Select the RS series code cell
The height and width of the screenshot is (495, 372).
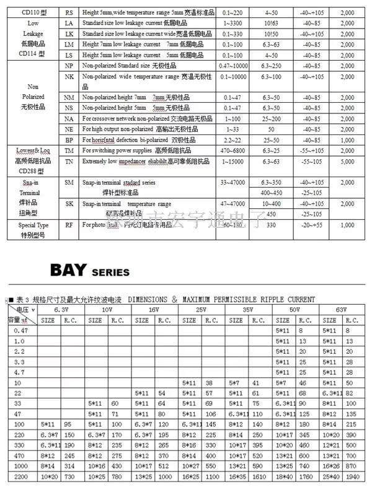point(69,12)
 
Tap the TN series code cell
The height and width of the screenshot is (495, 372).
point(69,161)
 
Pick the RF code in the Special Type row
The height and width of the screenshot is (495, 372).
point(69,226)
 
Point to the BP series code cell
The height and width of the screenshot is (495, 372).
point(69,140)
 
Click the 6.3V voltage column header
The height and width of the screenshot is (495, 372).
point(61,309)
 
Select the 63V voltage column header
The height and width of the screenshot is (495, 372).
point(340,309)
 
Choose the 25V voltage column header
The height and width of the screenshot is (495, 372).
point(200,309)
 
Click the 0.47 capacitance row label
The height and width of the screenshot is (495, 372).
point(19,331)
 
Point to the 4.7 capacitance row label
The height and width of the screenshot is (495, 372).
point(19,373)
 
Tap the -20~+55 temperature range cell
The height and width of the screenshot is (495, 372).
point(312,226)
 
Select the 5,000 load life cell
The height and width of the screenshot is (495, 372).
point(347,161)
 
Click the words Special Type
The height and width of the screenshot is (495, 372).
point(33,226)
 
